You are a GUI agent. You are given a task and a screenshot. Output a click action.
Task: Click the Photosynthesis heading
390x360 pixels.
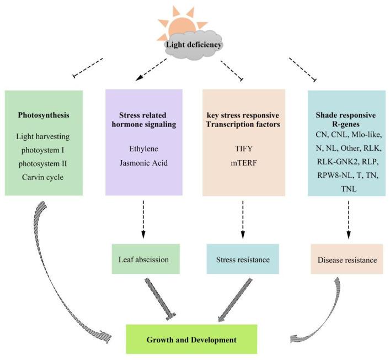point(44,117)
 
